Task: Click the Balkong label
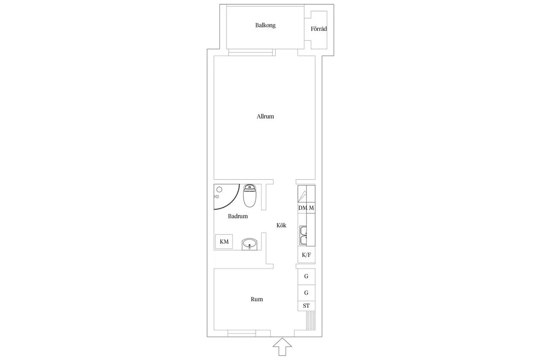tap(265, 25)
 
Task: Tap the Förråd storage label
tap(319, 29)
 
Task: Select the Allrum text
tap(265, 116)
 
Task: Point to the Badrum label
tap(238, 216)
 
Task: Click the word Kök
tap(281, 225)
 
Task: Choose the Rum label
tap(257, 299)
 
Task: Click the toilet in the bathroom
tap(249, 196)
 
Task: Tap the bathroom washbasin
tap(249, 244)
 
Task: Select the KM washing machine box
tap(224, 241)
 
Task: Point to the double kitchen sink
tap(303, 235)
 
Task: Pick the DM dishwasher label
tap(302, 208)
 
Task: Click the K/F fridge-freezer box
tap(306, 254)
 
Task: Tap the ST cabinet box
tap(306, 306)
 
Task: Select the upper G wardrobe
tap(306, 276)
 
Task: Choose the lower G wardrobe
tap(306, 293)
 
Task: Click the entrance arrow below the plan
tap(282, 347)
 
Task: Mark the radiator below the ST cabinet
tap(311, 320)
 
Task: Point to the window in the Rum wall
tap(242, 333)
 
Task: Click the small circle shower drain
tap(219, 189)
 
